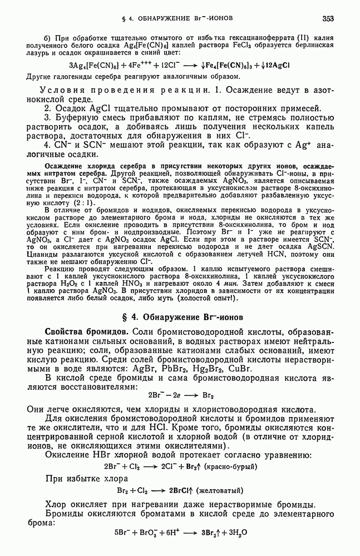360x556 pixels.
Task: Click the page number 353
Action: click(327, 19)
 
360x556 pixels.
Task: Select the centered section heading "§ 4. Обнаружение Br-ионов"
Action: click(180, 318)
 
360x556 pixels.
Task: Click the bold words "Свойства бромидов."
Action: click(84, 332)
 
